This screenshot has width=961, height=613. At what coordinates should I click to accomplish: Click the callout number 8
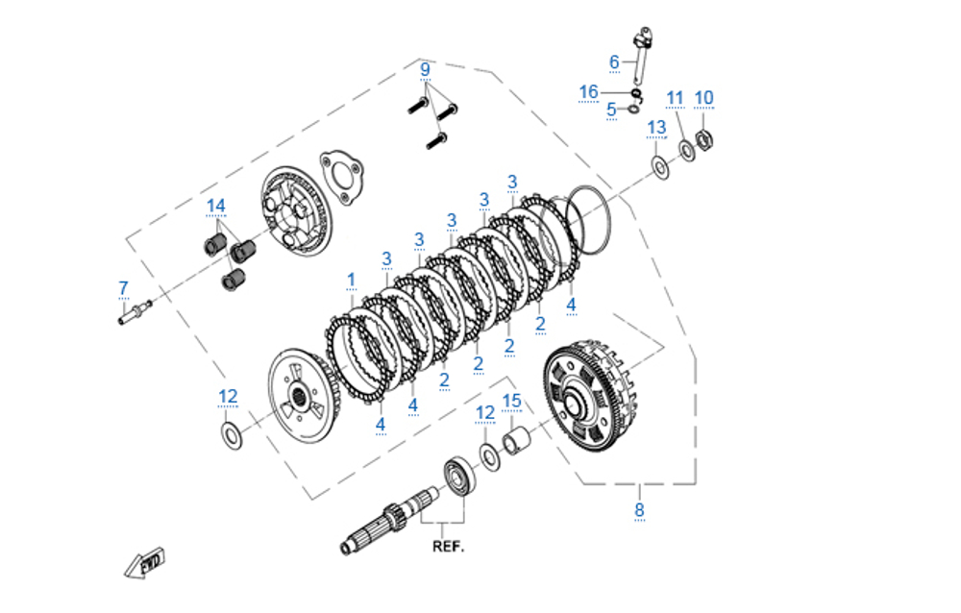click(x=639, y=510)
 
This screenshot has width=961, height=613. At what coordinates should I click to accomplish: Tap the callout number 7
click(x=123, y=287)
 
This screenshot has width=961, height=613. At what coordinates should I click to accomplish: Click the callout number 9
click(x=425, y=69)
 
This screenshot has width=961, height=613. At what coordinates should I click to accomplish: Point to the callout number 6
click(x=614, y=61)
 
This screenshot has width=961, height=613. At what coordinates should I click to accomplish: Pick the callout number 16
click(x=588, y=91)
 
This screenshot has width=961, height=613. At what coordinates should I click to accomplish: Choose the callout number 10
click(x=703, y=97)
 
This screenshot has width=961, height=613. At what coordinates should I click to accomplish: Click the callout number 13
click(x=656, y=127)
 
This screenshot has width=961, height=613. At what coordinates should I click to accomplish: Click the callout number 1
click(x=351, y=280)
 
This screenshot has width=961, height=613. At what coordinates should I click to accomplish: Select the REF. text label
click(x=447, y=547)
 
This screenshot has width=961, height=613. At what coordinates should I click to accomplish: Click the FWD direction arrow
click(x=145, y=562)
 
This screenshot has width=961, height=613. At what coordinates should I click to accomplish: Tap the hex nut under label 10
click(x=702, y=140)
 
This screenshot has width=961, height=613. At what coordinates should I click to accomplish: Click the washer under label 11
click(x=688, y=151)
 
